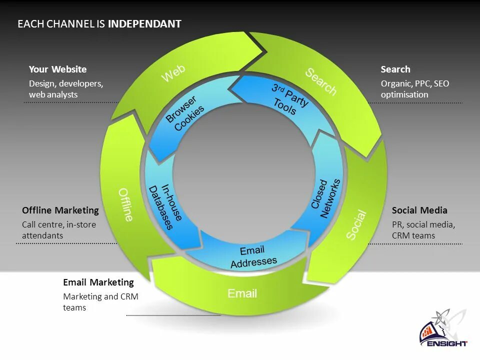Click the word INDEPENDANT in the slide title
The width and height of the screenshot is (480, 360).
click(x=144, y=24)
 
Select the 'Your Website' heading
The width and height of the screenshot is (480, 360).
click(x=57, y=69)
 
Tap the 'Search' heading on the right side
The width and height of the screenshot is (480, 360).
click(x=395, y=69)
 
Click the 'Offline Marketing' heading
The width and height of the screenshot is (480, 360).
click(x=60, y=210)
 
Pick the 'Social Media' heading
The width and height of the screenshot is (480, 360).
click(x=419, y=210)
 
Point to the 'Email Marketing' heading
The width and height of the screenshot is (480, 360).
click(x=98, y=282)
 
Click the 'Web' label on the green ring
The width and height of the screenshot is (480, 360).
click(x=173, y=73)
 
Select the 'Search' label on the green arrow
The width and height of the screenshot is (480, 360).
click(x=321, y=81)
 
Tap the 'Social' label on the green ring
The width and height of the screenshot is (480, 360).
click(x=356, y=225)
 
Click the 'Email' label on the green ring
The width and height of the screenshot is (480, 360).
click(x=242, y=293)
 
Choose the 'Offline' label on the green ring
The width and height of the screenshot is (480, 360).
click(x=126, y=204)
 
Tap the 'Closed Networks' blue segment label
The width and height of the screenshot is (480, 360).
click(x=325, y=197)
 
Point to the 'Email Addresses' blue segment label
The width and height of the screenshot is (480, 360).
click(x=253, y=256)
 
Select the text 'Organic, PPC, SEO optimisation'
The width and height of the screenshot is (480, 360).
click(x=414, y=89)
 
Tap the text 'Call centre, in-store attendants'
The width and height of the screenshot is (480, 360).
click(x=58, y=230)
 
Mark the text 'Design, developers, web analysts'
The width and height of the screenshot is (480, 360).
click(x=65, y=89)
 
